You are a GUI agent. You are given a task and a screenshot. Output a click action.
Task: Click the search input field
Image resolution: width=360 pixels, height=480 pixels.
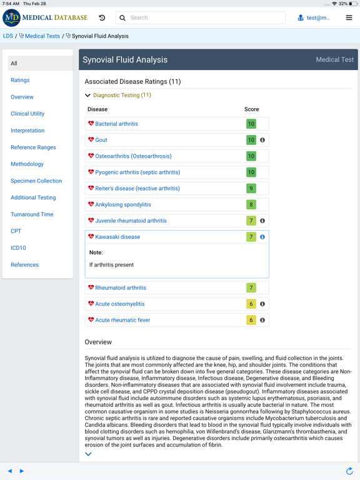pyautogui.click(x=206, y=18)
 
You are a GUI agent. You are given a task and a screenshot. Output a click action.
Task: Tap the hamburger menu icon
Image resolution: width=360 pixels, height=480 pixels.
pyautogui.click(x=349, y=17)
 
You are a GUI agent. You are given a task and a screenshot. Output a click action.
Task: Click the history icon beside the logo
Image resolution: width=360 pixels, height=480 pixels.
pyautogui.click(x=102, y=17)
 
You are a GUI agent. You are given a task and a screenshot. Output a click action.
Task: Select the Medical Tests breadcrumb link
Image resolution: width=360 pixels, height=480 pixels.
pyautogui.click(x=42, y=36)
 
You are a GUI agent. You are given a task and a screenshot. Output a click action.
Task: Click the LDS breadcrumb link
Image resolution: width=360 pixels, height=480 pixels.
pyautogui.click(x=8, y=36)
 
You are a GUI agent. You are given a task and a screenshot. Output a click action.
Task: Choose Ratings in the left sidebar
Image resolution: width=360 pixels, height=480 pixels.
pyautogui.click(x=20, y=80)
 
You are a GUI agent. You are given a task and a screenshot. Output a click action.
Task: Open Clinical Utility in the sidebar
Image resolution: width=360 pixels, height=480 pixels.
pyautogui.click(x=27, y=114)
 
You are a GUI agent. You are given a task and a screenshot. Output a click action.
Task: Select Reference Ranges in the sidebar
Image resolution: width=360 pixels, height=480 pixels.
pyautogui.click(x=33, y=147)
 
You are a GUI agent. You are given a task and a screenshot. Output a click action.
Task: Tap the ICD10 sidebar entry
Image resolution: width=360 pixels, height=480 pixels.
pyautogui.click(x=18, y=248)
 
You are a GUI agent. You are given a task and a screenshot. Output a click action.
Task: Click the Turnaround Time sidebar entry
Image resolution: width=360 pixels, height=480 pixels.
pyautogui.click(x=32, y=214)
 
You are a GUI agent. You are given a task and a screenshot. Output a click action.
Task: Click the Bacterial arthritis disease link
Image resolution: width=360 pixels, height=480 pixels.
pyautogui.click(x=116, y=124)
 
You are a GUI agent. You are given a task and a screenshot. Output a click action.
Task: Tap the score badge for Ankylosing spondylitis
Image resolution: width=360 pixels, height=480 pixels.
pyautogui.click(x=251, y=204)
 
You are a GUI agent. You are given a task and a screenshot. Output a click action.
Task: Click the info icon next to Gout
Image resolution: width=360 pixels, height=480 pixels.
pyautogui.click(x=262, y=140)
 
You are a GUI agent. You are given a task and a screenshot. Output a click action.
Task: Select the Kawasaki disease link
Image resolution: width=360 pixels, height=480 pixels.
pyautogui.click(x=117, y=237)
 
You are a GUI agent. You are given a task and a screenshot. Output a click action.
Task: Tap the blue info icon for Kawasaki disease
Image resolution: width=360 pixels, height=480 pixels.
pyautogui.click(x=262, y=237)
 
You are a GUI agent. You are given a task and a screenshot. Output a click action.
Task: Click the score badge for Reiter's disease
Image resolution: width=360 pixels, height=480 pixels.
pyautogui.click(x=251, y=188)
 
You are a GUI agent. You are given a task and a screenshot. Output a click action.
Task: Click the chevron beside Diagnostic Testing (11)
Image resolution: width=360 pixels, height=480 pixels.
pyautogui.click(x=88, y=96)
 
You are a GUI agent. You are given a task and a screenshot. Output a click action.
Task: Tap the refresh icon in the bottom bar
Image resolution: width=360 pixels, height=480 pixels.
pyautogui.click(x=349, y=471)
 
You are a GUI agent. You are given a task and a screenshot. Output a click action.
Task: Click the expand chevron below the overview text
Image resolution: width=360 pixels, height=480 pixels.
pyautogui.click(x=88, y=454)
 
